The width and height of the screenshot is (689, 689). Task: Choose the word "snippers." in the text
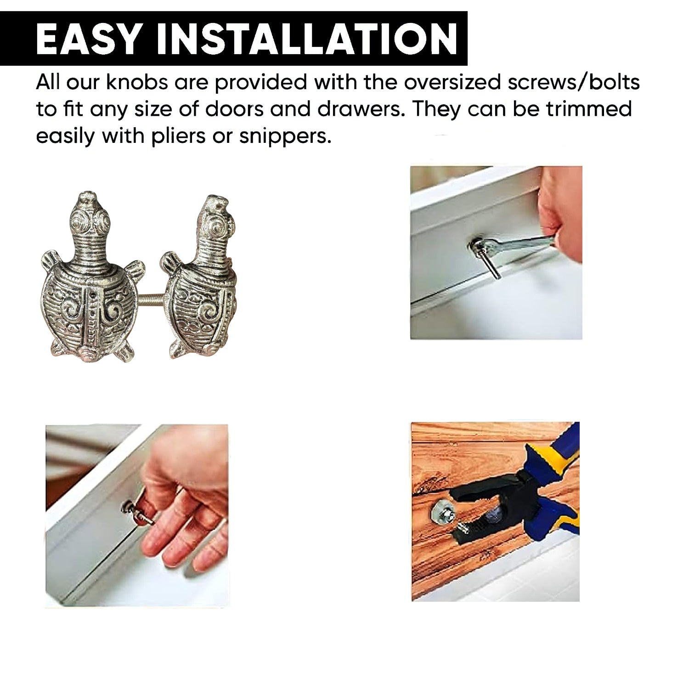(x=285, y=137)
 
